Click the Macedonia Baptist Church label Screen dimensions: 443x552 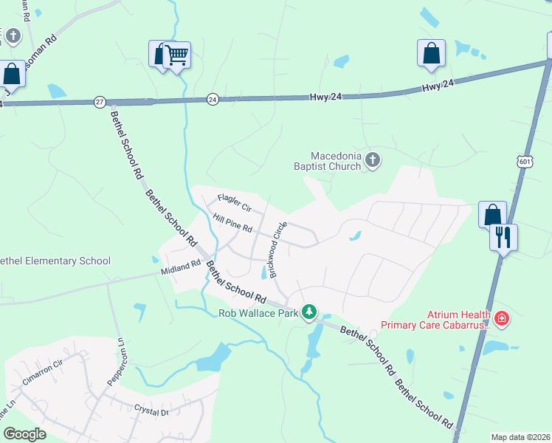point(336,161)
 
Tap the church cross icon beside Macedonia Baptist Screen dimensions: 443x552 point(373,160)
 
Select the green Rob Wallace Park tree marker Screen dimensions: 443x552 point(311,313)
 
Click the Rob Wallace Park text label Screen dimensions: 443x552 point(258,313)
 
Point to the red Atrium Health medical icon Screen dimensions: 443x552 point(502,319)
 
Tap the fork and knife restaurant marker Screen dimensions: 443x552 point(503,238)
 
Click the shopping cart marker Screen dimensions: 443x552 point(176,54)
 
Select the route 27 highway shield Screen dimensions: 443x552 point(100,101)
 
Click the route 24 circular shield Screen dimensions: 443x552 point(213,99)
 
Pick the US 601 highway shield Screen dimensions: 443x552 point(525,162)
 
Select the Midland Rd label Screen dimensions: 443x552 point(181,268)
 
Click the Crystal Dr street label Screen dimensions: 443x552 point(152,410)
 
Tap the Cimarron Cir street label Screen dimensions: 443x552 point(43,380)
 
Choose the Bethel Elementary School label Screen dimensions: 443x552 point(55,261)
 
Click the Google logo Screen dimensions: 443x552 point(24,434)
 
